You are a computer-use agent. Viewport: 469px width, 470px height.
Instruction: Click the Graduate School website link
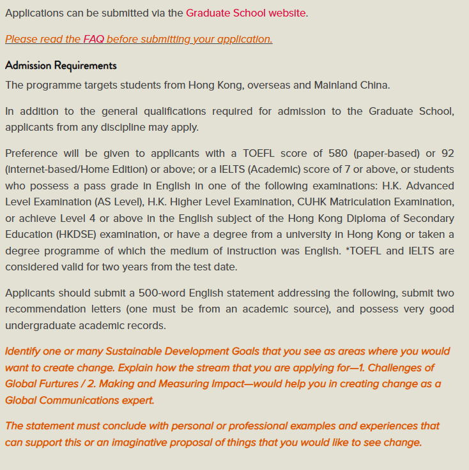(245, 13)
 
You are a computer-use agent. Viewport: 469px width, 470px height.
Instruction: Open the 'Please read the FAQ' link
(139, 39)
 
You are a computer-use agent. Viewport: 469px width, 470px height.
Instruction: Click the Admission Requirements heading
(61, 66)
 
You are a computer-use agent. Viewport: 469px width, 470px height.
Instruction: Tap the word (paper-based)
(390, 154)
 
